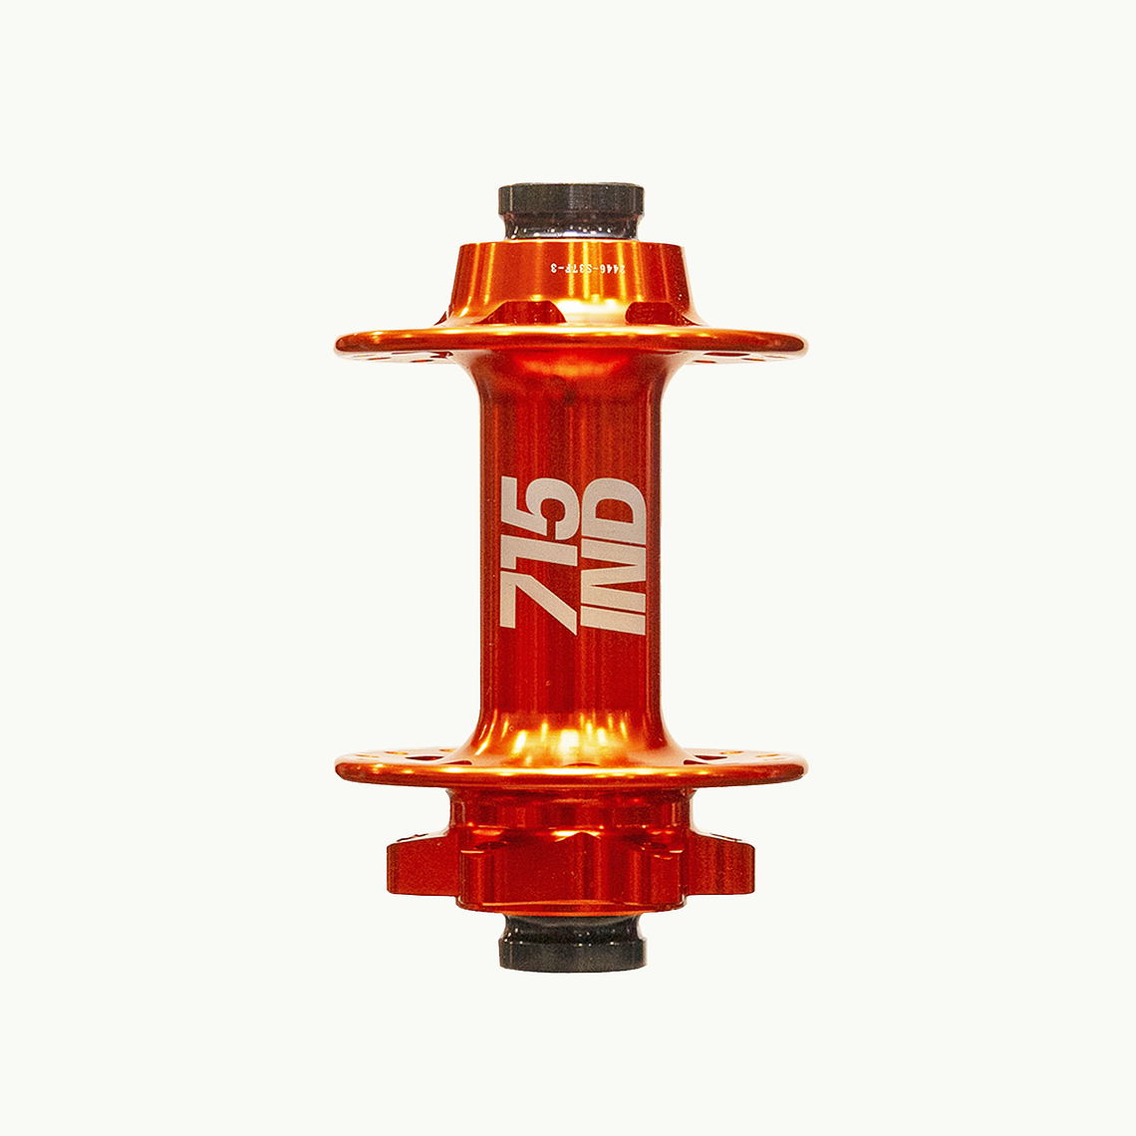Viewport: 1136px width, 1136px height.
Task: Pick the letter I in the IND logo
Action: pyautogui.click(x=611, y=620)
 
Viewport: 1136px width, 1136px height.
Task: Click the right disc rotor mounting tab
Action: pyautogui.click(x=722, y=865)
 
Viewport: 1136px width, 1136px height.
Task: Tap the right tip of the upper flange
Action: pyautogui.click(x=799, y=345)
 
